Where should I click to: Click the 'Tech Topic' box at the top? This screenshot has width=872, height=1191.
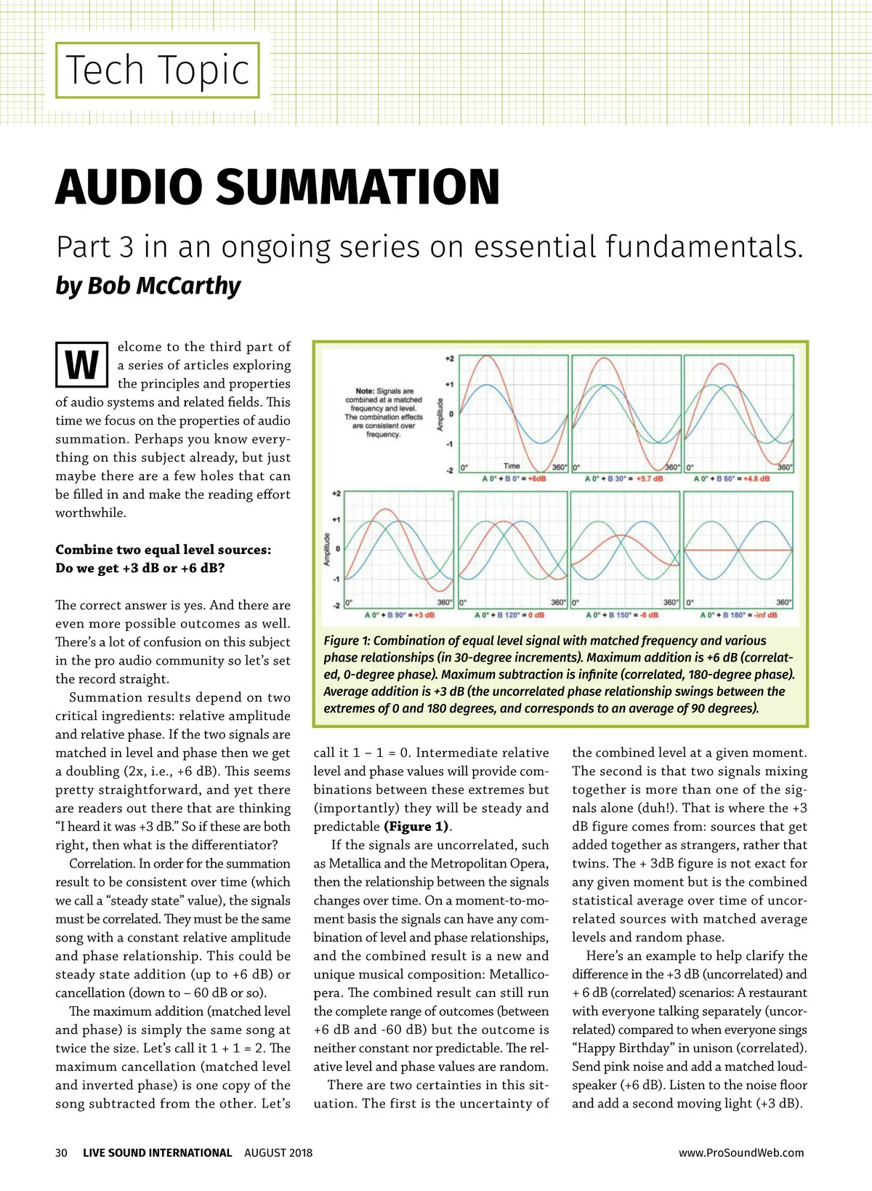point(158,71)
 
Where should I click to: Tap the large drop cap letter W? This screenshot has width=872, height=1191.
point(81,365)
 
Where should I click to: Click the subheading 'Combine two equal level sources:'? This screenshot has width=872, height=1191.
point(163,550)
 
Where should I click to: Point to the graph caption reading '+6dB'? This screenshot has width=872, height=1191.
point(537,478)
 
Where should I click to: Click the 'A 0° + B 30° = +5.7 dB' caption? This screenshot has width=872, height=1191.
point(623,478)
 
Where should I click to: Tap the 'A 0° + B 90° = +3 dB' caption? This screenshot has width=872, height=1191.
point(399,615)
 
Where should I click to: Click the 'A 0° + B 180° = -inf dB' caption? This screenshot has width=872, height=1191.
point(738,615)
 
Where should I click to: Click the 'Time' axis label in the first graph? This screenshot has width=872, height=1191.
point(512,466)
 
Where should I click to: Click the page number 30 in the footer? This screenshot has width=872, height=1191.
point(61,1152)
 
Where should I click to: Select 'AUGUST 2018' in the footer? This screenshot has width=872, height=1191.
point(278,1152)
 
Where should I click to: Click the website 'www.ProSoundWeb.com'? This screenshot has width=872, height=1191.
point(741,1152)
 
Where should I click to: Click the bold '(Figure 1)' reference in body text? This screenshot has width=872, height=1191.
point(417,827)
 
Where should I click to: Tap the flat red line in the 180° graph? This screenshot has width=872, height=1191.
point(738,550)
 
